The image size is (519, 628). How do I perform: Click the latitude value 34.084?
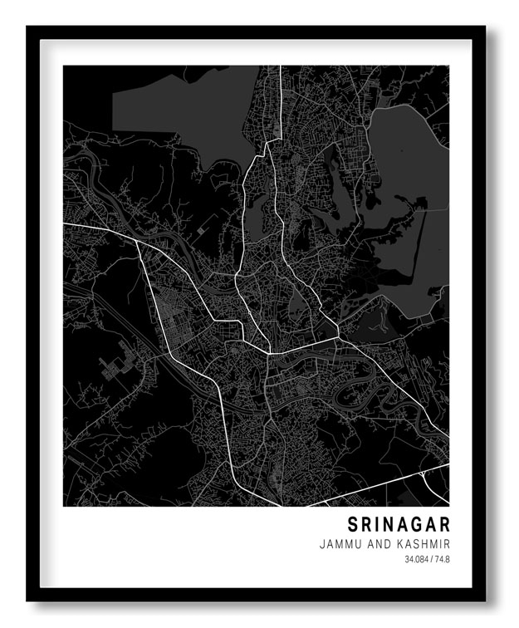(417, 560)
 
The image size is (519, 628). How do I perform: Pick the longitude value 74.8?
(442, 560)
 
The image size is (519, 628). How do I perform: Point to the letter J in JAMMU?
(321, 544)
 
